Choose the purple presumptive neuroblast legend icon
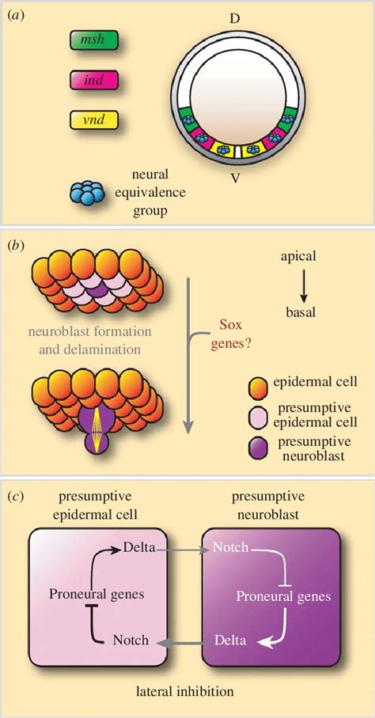(x=258, y=448)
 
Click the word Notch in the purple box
(x=228, y=547)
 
